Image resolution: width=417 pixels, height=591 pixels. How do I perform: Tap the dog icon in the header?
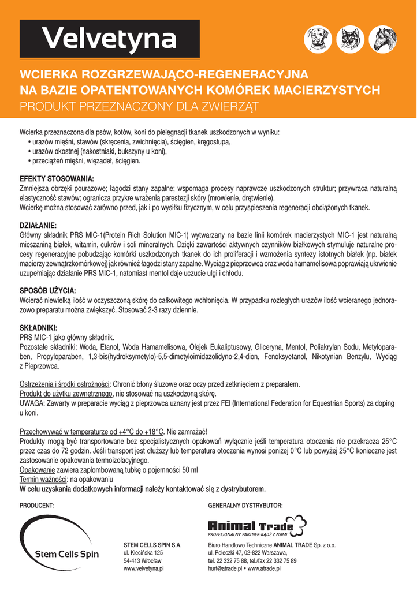click(318, 40)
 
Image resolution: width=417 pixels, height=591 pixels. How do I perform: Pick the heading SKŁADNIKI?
click(40, 328)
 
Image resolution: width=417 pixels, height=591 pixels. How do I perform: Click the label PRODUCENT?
click(37, 505)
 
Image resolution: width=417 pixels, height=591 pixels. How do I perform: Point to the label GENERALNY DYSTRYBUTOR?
click(245, 505)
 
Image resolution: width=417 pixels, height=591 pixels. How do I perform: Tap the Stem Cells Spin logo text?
click(67, 554)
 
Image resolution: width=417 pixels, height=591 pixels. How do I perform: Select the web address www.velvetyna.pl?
click(144, 568)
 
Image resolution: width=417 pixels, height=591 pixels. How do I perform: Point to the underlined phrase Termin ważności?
click(43, 480)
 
